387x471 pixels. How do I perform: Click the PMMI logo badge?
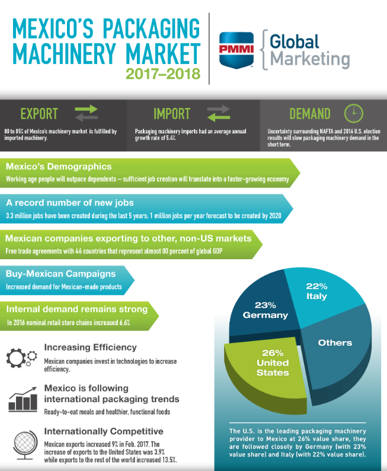pos(235,49)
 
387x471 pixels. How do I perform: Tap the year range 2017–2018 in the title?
pos(163,74)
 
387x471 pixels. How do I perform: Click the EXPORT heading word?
pos(39,113)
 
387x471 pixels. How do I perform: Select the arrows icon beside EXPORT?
pos(86,113)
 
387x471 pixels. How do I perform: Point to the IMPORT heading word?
pos(172,113)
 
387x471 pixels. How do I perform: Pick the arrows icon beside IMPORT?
pos(218,113)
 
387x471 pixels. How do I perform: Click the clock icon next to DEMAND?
pos(353,113)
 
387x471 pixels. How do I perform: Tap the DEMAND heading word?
pos(310,113)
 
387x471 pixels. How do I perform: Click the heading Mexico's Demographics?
pos(59,167)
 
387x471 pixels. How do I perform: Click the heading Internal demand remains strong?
pos(76,309)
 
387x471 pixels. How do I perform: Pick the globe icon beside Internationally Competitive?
pos(23,444)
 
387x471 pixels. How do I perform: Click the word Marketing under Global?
pos(309,59)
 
